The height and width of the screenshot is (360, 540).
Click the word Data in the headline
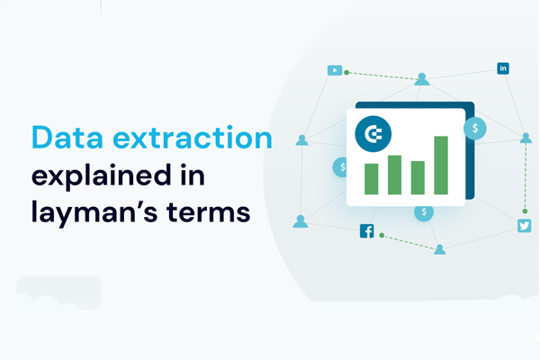click(x=67, y=138)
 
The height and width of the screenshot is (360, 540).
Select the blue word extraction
click(x=193, y=138)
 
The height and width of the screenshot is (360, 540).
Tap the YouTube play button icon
click(x=335, y=70)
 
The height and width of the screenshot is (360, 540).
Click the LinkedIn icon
click(x=503, y=68)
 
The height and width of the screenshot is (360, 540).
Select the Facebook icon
click(x=367, y=230)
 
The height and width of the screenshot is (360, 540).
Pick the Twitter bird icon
click(x=524, y=226)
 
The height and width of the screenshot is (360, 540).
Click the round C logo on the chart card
click(x=373, y=134)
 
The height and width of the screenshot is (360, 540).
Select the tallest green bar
click(x=441, y=166)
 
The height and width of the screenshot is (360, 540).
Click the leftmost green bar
click(x=371, y=179)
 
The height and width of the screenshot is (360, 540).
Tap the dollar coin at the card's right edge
click(x=475, y=129)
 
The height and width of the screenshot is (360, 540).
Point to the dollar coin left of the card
click(x=340, y=167)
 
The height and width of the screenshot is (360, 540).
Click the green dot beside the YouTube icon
click(x=346, y=72)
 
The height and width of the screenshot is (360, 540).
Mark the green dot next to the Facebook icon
click(x=382, y=235)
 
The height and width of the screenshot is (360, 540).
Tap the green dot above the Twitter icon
click(x=525, y=211)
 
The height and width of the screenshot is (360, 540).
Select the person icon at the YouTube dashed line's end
click(x=422, y=79)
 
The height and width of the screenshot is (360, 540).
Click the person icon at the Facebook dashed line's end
click(x=440, y=249)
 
